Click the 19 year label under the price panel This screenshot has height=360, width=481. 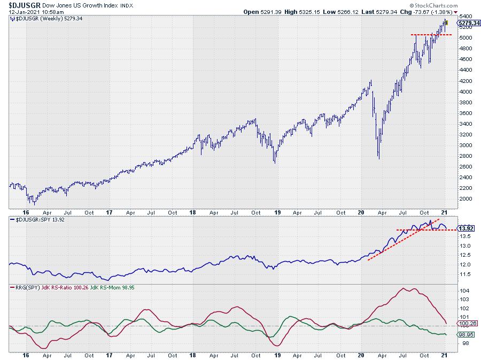(277, 355)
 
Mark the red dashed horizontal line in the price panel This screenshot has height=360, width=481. (431, 35)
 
